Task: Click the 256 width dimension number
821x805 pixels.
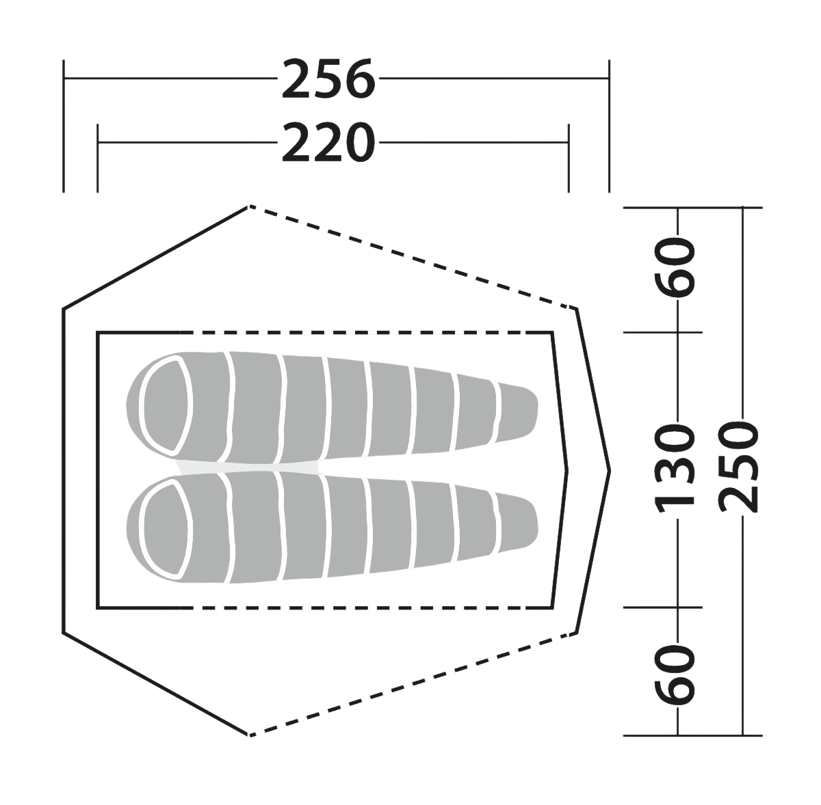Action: pyautogui.click(x=328, y=79)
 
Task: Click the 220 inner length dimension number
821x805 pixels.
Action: pyautogui.click(x=328, y=143)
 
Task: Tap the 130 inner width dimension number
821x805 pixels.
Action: pyautogui.click(x=675, y=468)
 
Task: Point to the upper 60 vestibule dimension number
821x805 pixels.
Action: pyautogui.click(x=675, y=267)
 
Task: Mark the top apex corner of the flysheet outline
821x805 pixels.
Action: pyautogui.click(x=249, y=206)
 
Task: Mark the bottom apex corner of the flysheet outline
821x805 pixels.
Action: pyautogui.click(x=249, y=735)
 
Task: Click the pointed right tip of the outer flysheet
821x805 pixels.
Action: pyautogui.click(x=610, y=471)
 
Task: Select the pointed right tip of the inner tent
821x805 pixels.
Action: pyautogui.click(x=567, y=471)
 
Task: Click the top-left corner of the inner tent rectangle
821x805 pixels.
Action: pyautogui.click(x=98, y=333)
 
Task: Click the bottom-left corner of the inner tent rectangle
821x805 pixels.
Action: pyautogui.click(x=98, y=608)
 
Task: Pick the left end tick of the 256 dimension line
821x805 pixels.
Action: pyautogui.click(x=64, y=126)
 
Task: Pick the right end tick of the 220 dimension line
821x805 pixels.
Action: pyautogui.click(x=569, y=159)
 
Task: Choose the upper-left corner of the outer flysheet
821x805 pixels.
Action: pyautogui.click(x=64, y=309)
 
